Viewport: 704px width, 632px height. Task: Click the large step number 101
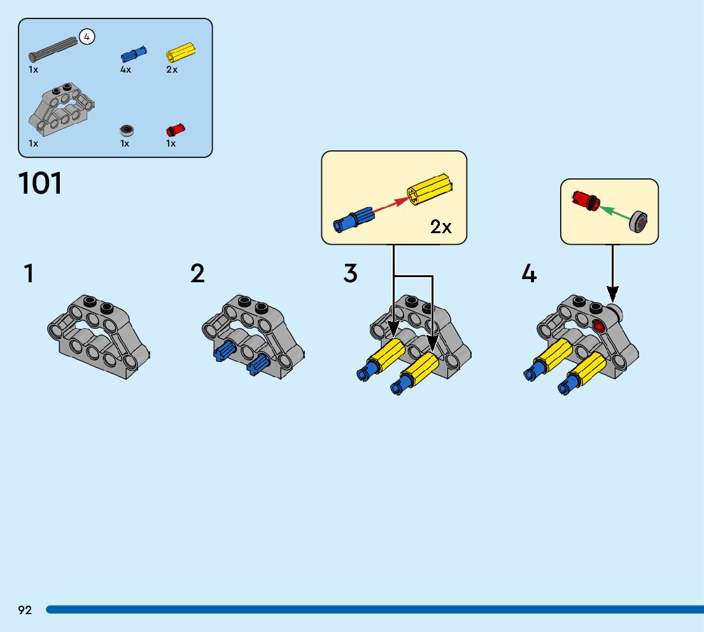point(41,183)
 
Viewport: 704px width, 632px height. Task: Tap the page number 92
point(25,610)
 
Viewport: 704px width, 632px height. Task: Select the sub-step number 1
point(29,274)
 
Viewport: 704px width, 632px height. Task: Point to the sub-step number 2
point(197,274)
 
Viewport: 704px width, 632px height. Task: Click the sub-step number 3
point(351,274)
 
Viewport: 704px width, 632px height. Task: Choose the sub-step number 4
point(529,274)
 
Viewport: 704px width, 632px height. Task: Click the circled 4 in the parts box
point(87,37)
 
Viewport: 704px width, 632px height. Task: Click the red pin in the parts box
point(175,130)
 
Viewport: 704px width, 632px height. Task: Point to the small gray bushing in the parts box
point(127,131)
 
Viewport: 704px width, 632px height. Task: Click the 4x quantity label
point(125,70)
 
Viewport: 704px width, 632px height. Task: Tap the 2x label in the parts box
point(172,70)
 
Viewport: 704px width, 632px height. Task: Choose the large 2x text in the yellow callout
point(441,227)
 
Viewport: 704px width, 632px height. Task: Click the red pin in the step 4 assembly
point(598,326)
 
